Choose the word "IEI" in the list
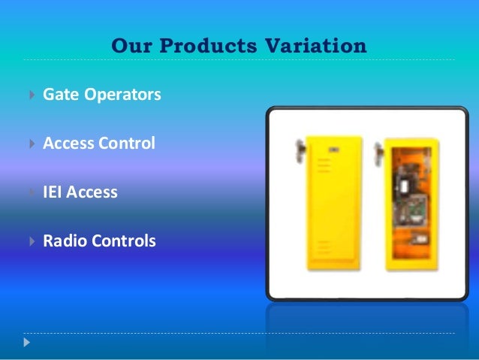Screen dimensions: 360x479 point(53,192)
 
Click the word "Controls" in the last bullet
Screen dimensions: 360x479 point(123,241)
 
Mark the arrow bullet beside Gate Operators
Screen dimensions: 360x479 point(29,95)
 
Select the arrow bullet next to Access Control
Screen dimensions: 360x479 point(29,143)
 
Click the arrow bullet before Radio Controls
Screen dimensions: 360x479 point(29,241)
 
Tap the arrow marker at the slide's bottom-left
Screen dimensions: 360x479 point(29,342)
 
